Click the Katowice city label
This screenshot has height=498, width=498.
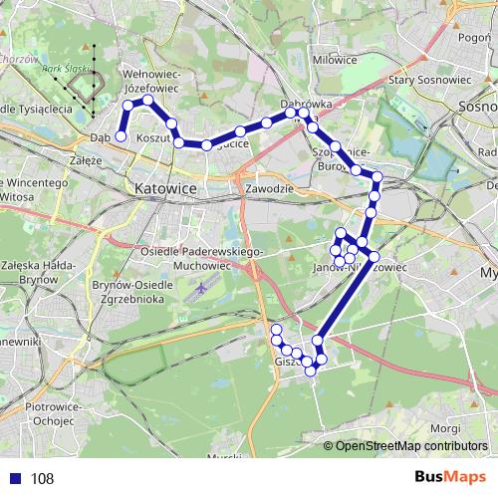(x=163, y=187)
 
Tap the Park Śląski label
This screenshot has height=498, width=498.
(x=63, y=69)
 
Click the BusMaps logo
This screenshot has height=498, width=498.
(x=450, y=478)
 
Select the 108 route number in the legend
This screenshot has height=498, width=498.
(x=42, y=479)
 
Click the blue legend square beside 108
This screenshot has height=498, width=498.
(x=15, y=479)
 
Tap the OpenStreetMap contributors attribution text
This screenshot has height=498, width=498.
(x=412, y=446)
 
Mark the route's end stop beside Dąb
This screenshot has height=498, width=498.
(x=121, y=136)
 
